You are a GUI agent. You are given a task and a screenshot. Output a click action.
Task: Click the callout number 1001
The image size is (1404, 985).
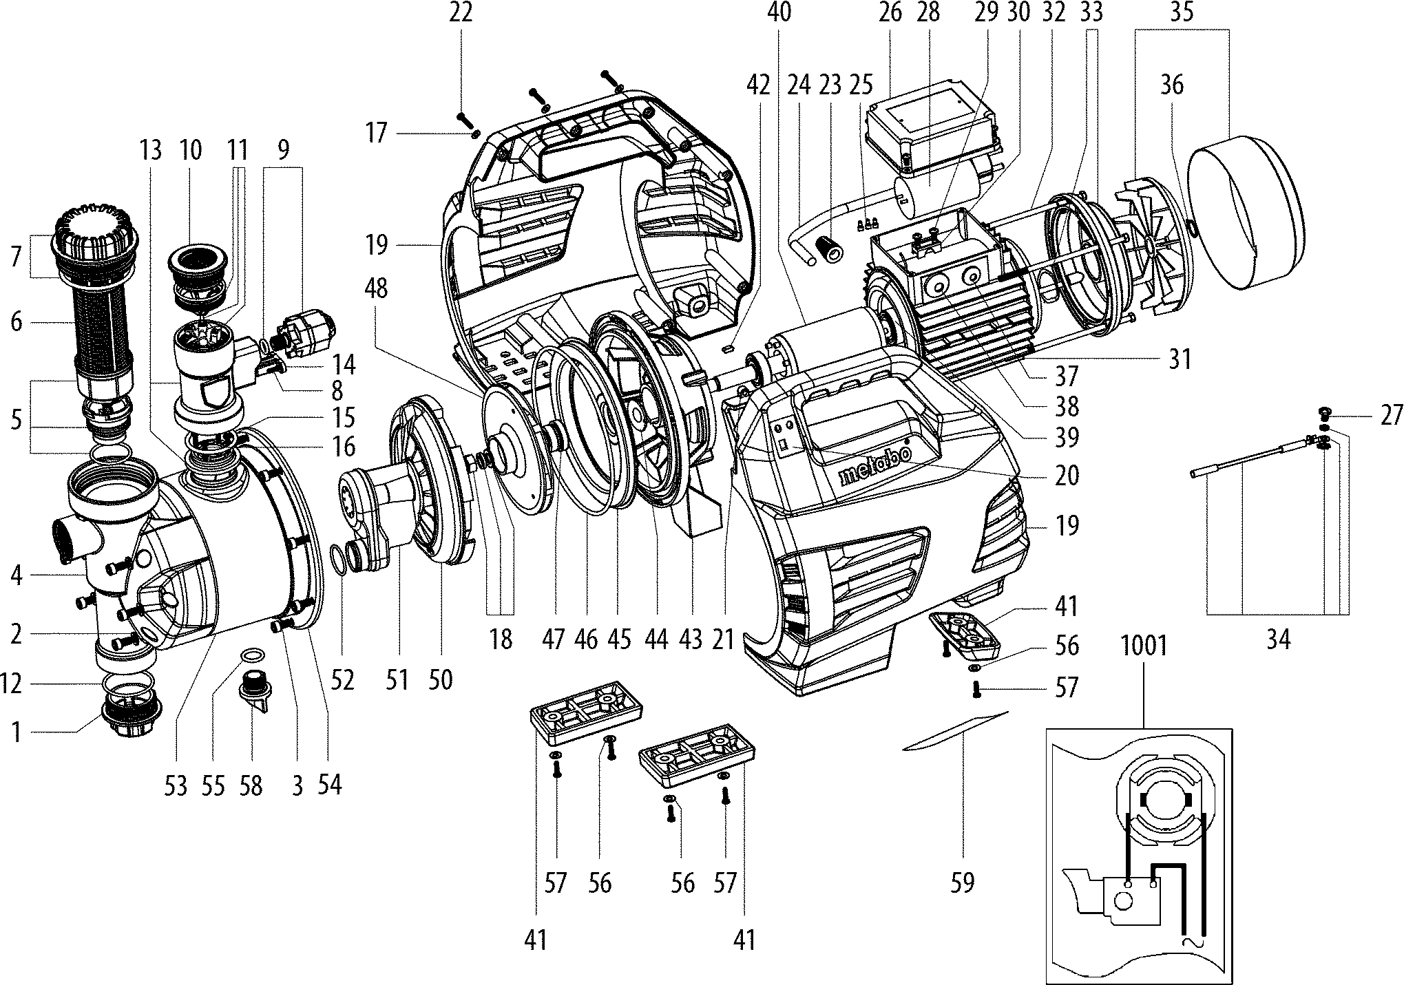pyautogui.click(x=1144, y=646)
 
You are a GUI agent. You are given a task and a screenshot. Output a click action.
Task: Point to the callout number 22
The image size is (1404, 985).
pyautogui.click(x=461, y=13)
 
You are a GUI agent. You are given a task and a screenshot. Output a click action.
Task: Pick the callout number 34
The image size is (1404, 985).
pyautogui.click(x=1278, y=639)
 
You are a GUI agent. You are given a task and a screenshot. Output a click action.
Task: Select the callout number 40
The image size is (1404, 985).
pyautogui.click(x=779, y=13)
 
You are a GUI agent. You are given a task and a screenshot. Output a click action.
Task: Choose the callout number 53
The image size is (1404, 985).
pyautogui.click(x=176, y=785)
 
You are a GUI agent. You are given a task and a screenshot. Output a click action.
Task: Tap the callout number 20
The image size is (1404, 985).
pyautogui.click(x=1067, y=475)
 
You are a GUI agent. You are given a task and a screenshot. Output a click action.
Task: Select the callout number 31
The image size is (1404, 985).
pyautogui.click(x=1180, y=359)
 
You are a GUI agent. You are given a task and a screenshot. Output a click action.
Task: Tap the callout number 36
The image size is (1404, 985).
pyautogui.click(x=1172, y=85)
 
